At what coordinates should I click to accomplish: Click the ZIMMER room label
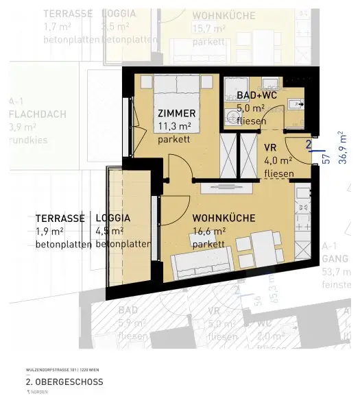coord(177,113)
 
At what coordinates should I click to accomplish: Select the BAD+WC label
coord(256,95)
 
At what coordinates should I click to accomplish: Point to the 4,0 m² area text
coord(278,160)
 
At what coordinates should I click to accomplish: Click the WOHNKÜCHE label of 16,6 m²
coord(224,218)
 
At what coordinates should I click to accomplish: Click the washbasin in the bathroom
coord(293,104)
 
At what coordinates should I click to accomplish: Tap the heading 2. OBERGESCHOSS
coord(64,382)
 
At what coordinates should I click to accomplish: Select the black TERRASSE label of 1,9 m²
coord(60,218)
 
